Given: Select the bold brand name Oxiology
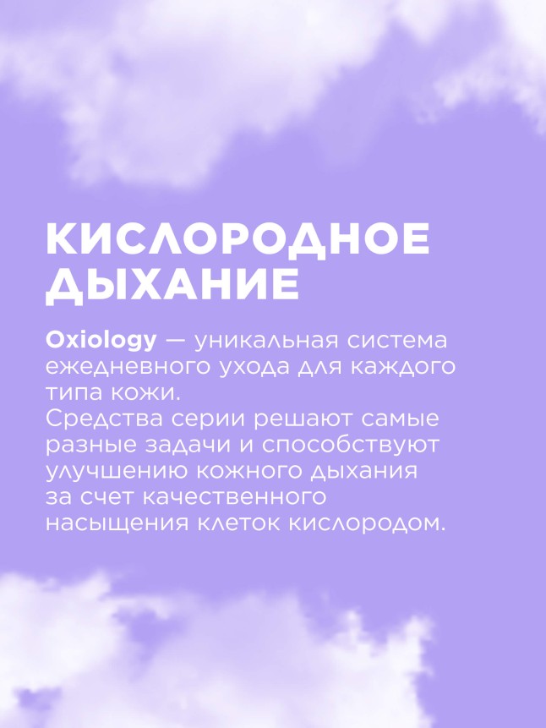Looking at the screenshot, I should point(101,341).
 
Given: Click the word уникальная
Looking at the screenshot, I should point(270,341).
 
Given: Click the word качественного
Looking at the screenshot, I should point(230,497).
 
